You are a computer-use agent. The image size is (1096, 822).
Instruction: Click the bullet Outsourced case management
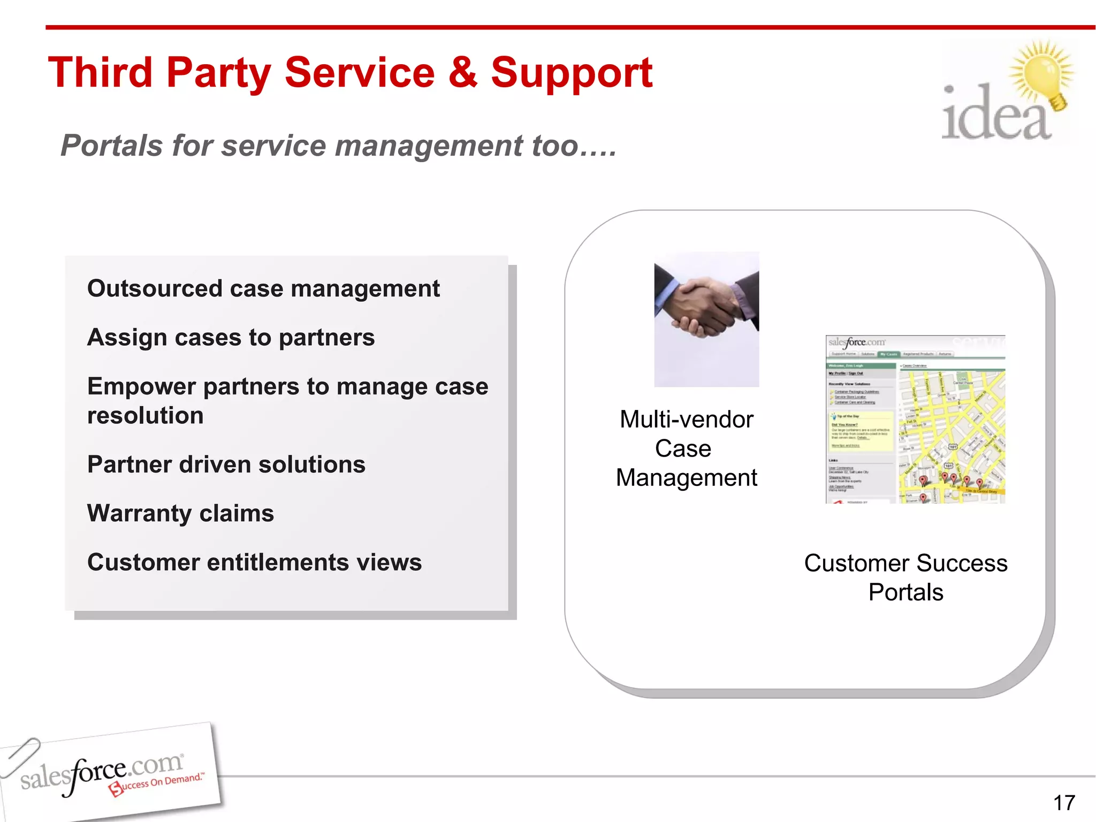[x=263, y=288]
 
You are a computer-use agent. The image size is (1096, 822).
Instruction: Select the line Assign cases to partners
[x=231, y=338]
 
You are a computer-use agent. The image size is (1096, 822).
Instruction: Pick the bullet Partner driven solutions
[x=226, y=465]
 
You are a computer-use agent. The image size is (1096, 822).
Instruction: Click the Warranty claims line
[x=180, y=513]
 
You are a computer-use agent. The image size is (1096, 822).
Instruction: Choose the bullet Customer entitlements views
[x=254, y=562]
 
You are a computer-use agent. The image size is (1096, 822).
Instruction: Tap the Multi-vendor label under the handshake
[x=687, y=420]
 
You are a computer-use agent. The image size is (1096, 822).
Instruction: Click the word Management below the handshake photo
[x=687, y=478]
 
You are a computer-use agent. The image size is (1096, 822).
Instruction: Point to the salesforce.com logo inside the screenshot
[x=856, y=342]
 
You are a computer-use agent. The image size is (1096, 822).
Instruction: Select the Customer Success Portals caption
[x=905, y=577]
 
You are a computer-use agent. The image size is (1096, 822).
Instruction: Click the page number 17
[x=1064, y=803]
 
